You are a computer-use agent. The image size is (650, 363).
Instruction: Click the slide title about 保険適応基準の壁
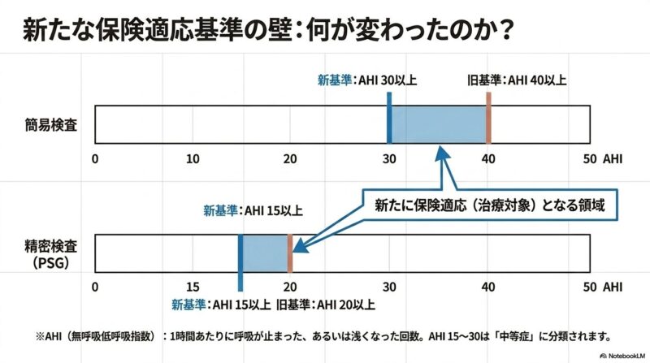pyautogui.click(x=268, y=30)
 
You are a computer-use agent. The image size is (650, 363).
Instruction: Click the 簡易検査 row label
pyautogui.click(x=51, y=125)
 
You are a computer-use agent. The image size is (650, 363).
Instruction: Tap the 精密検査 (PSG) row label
pyautogui.click(x=51, y=254)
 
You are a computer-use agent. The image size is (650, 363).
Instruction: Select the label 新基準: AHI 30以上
pyautogui.click(x=367, y=80)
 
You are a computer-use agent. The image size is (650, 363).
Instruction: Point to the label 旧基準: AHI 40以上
pyautogui.click(x=517, y=80)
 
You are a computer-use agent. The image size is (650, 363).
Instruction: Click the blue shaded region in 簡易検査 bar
pyautogui.click(x=439, y=125)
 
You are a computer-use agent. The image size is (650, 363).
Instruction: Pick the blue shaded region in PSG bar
pyautogui.click(x=265, y=253)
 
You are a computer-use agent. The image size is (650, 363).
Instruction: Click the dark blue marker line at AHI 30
pyautogui.click(x=389, y=118)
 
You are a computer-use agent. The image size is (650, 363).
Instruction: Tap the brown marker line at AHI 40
pyautogui.click(x=489, y=118)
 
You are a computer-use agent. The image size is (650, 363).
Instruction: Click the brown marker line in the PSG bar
pyautogui.click(x=290, y=253)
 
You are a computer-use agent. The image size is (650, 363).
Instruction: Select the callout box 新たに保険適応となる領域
pyautogui.click(x=490, y=205)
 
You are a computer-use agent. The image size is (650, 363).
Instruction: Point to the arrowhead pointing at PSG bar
pyautogui.click(x=299, y=246)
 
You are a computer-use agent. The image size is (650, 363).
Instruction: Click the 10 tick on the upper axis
pyautogui.click(x=193, y=158)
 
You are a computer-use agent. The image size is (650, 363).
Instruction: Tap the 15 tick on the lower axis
pyautogui.click(x=193, y=287)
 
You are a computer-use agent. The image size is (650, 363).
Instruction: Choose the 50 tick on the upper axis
pyautogui.click(x=590, y=158)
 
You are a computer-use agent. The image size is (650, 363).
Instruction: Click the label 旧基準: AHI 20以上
pyautogui.click(x=326, y=305)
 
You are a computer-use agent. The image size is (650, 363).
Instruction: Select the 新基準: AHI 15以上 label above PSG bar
pyautogui.click(x=253, y=210)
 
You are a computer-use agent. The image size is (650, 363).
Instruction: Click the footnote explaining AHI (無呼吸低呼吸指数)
pyautogui.click(x=323, y=336)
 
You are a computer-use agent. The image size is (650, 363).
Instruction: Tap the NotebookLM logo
pyautogui.click(x=622, y=356)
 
